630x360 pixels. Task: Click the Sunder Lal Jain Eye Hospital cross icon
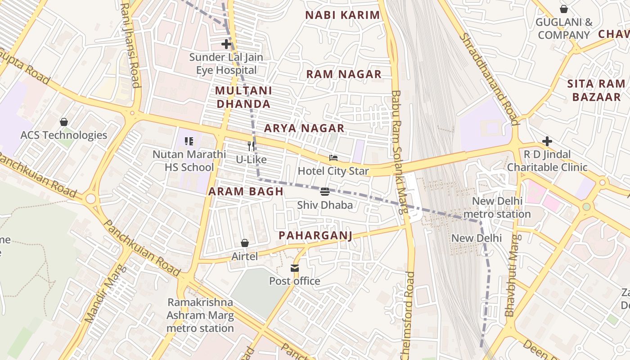click(x=226, y=44)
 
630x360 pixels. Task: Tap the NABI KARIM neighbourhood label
click(x=342, y=15)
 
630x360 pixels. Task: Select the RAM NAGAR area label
click(x=344, y=74)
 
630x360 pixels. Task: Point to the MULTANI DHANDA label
click(x=243, y=97)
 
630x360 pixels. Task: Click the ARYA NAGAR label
click(x=304, y=128)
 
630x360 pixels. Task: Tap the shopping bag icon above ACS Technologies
click(x=64, y=122)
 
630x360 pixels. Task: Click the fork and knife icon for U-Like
click(x=252, y=146)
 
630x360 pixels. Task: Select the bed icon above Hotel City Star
click(x=333, y=158)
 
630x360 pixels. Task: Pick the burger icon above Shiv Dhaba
click(x=325, y=192)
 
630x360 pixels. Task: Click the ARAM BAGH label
click(x=246, y=191)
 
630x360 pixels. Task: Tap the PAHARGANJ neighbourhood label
click(x=315, y=235)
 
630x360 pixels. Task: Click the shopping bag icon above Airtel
click(x=245, y=243)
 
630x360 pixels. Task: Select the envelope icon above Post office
click(x=295, y=268)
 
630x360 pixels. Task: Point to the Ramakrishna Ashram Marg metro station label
click(x=200, y=315)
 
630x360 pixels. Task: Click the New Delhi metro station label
click(x=497, y=207)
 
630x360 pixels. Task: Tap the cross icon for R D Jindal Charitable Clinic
click(x=547, y=142)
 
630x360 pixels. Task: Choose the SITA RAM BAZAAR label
click(x=596, y=90)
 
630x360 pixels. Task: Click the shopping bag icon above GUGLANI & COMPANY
click(x=564, y=9)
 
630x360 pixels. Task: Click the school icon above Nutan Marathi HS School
click(x=189, y=141)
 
